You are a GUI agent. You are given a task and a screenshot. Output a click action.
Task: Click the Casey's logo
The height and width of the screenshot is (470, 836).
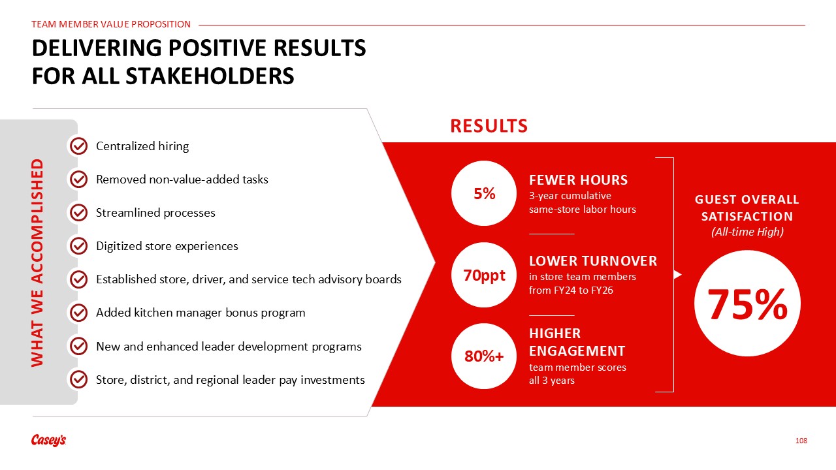(48, 440)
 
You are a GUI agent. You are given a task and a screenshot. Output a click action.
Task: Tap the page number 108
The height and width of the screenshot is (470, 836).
(801, 441)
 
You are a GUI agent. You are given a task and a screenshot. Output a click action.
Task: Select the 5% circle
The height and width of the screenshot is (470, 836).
(484, 193)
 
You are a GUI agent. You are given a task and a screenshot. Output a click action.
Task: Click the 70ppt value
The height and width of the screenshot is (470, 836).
(484, 275)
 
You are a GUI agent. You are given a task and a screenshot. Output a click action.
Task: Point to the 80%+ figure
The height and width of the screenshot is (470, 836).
(484, 356)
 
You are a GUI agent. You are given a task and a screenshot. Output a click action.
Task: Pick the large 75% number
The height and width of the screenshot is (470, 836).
(748, 304)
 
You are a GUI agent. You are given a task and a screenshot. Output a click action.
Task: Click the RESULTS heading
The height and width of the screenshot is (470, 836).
(489, 126)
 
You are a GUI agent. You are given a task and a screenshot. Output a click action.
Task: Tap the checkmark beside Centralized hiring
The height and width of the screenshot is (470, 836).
(79, 146)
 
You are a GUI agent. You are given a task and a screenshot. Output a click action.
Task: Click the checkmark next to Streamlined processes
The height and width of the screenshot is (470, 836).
(79, 213)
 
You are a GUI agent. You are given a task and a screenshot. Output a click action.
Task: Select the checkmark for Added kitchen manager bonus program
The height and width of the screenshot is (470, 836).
(79, 313)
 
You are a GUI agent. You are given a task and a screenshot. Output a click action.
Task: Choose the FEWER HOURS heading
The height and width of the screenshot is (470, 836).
(579, 180)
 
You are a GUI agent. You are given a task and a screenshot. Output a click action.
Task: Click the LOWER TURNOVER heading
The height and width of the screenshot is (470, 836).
(593, 261)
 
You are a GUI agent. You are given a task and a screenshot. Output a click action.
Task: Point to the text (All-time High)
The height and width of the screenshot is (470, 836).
(748, 232)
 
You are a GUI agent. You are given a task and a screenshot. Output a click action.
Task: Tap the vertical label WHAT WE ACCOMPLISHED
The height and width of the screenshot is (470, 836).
(37, 262)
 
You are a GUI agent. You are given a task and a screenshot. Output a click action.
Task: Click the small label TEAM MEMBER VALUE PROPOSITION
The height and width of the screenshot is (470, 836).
(111, 24)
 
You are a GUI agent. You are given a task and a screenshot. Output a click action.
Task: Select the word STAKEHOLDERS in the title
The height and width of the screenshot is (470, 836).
(210, 76)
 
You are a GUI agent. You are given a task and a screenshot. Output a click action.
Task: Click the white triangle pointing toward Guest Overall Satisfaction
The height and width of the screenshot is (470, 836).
(678, 275)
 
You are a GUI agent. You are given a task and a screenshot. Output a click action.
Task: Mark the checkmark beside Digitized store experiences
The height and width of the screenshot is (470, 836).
(79, 246)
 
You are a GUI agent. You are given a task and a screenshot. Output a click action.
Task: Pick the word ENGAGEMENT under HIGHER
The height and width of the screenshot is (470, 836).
(577, 351)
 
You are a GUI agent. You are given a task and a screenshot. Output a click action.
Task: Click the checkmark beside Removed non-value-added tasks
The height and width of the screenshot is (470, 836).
(79, 180)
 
